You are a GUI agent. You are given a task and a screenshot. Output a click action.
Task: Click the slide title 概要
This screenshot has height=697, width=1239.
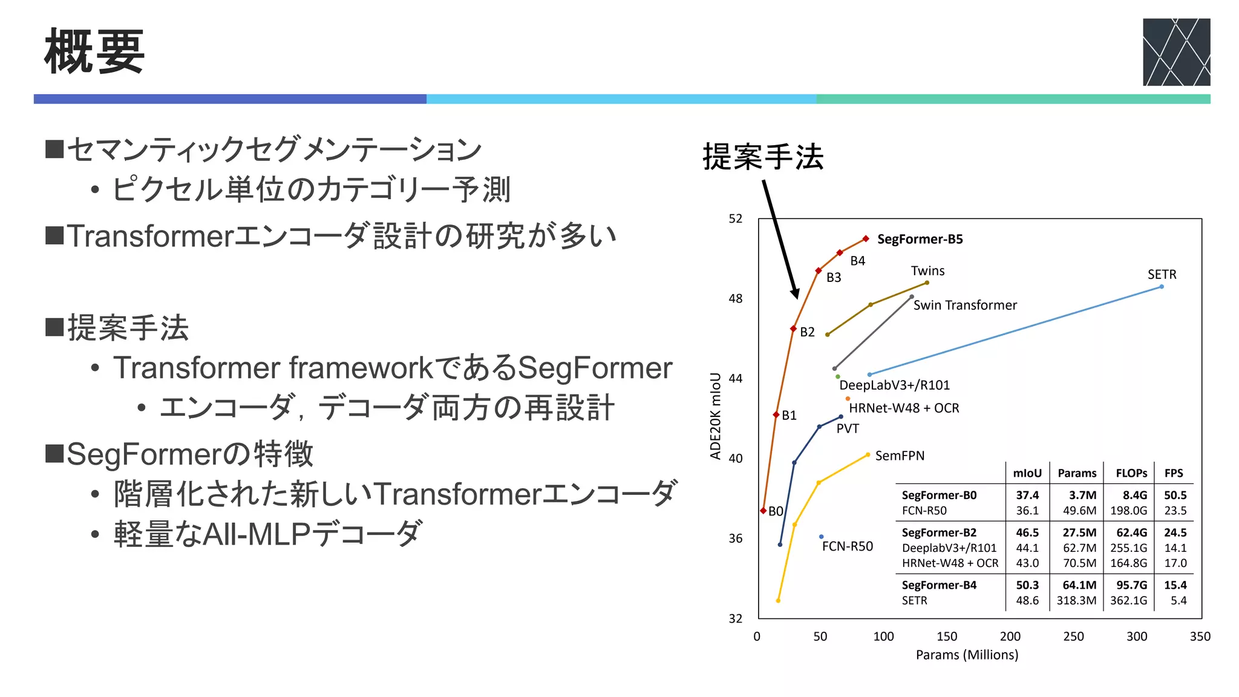click(94, 52)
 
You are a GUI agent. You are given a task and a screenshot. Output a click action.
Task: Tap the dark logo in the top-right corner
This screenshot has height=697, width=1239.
click(1176, 52)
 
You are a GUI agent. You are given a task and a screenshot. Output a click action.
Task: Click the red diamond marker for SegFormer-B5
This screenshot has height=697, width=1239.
click(866, 239)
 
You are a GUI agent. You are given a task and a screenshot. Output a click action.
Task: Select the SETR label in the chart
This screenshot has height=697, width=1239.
click(1162, 275)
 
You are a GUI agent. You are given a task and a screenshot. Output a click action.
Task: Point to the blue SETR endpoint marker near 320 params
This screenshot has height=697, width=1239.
click(1162, 287)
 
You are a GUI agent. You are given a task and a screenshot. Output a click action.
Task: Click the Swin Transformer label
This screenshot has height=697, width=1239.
click(965, 306)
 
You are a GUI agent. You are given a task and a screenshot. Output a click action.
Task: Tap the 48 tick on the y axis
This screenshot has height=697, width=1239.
click(735, 299)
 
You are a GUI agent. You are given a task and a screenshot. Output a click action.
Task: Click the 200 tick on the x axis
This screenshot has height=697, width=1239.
click(1010, 636)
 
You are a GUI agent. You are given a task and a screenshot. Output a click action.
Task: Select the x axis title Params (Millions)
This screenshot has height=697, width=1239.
click(967, 655)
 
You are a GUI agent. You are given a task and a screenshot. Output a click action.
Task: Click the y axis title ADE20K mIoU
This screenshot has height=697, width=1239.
click(716, 416)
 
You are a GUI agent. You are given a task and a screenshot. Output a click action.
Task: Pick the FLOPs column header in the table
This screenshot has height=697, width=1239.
click(1131, 473)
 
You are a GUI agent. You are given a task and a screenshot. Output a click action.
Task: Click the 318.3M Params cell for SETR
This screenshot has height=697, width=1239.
click(1076, 601)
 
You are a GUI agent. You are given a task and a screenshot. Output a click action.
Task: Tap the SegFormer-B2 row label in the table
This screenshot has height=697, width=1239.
click(939, 532)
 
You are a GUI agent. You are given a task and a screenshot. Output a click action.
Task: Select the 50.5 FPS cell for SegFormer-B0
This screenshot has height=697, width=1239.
click(1175, 495)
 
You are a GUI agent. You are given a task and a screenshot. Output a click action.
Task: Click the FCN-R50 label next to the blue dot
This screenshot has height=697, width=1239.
click(847, 546)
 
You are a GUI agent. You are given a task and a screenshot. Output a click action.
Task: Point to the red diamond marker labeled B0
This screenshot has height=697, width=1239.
click(763, 511)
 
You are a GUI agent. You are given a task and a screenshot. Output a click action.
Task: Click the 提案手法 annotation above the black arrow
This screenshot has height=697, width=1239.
click(763, 157)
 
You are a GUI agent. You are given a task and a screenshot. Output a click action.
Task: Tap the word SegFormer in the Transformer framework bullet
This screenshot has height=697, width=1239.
click(595, 368)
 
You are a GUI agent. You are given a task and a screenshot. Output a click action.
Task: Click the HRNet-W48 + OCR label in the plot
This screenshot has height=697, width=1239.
click(904, 408)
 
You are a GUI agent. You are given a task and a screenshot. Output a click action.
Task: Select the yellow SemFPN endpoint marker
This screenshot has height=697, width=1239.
click(868, 455)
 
